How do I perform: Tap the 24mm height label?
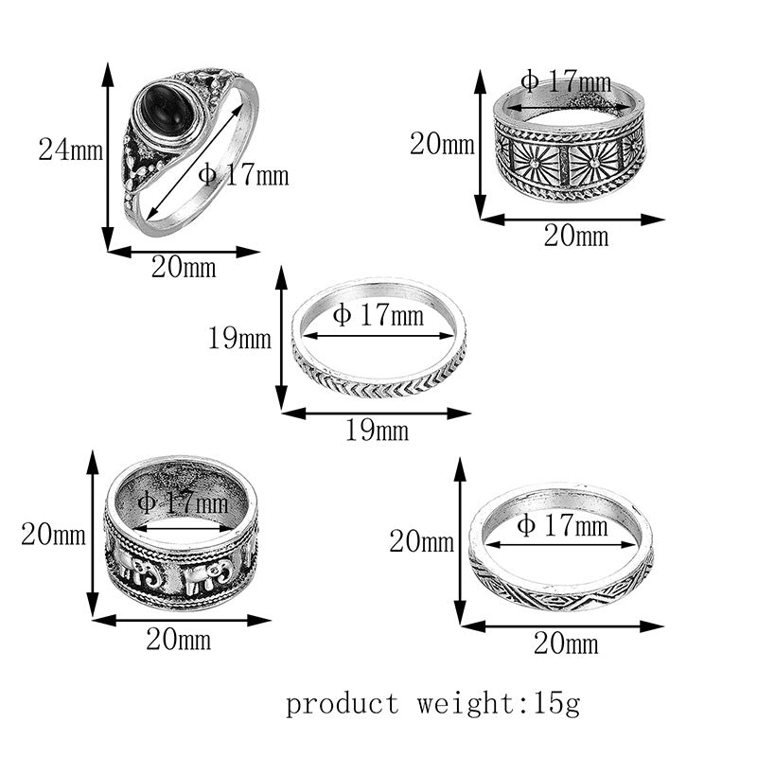click(x=69, y=150)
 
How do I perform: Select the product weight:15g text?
click(x=433, y=704)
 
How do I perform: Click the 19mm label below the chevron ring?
click(x=377, y=431)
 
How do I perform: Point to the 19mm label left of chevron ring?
click(x=239, y=338)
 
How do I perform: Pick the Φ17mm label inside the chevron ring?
click(x=378, y=315)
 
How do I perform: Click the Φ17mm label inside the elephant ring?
click(x=183, y=503)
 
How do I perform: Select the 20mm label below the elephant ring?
click(x=178, y=640)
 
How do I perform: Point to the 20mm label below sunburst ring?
click(x=575, y=237)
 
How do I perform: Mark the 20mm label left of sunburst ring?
click(x=441, y=145)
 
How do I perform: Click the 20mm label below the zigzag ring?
click(x=566, y=644)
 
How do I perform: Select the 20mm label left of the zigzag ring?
click(x=421, y=541)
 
